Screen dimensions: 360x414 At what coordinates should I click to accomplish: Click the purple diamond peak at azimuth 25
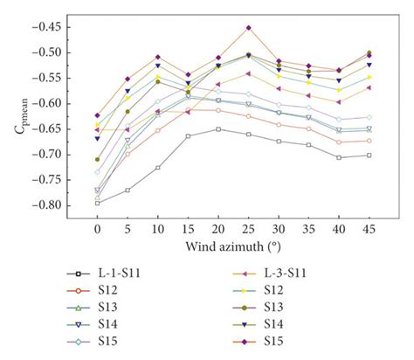click(x=249, y=28)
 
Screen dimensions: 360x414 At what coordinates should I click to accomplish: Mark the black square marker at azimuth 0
click(x=97, y=203)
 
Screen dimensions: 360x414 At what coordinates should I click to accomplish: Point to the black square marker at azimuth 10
click(x=158, y=168)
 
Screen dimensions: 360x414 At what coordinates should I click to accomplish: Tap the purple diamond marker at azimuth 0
click(x=97, y=115)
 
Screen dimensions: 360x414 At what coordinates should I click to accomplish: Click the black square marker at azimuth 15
click(x=189, y=136)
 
